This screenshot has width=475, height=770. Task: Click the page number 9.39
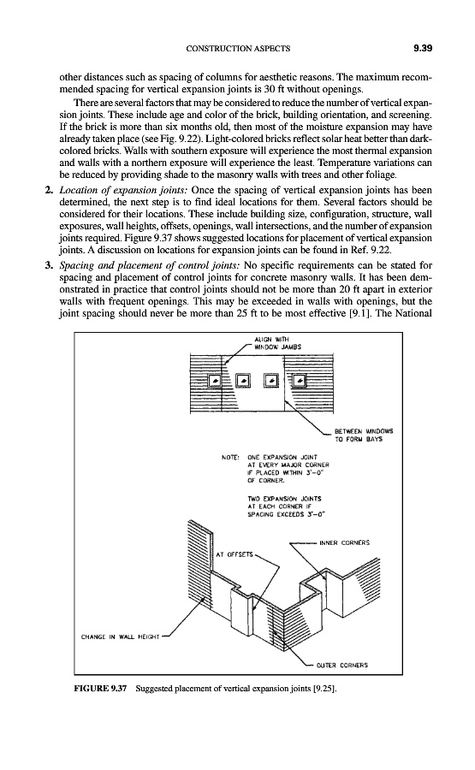pos(422,48)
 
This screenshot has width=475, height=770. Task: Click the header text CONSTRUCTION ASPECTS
pos(238,49)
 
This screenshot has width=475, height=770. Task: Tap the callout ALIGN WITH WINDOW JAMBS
pos(277,343)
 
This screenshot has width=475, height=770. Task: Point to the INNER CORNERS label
pos(344,543)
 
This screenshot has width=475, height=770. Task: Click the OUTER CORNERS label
pos(341,666)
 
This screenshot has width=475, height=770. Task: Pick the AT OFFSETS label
pos(235,554)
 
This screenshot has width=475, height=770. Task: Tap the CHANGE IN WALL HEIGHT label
pos(120,637)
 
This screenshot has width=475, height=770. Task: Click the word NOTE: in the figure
pos(230,457)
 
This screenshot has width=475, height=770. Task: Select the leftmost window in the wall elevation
pos(215,381)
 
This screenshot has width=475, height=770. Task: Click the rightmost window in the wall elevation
pos(300,381)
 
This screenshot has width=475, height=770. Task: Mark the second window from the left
pos(243,381)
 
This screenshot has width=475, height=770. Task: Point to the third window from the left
pos(271,381)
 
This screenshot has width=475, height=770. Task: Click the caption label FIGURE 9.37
pos(100,689)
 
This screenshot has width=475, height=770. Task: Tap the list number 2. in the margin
pos(49,190)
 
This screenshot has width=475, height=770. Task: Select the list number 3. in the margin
pos(49,266)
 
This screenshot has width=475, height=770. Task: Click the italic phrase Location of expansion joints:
pos(122,191)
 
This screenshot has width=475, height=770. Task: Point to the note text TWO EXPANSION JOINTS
pos(285,499)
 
